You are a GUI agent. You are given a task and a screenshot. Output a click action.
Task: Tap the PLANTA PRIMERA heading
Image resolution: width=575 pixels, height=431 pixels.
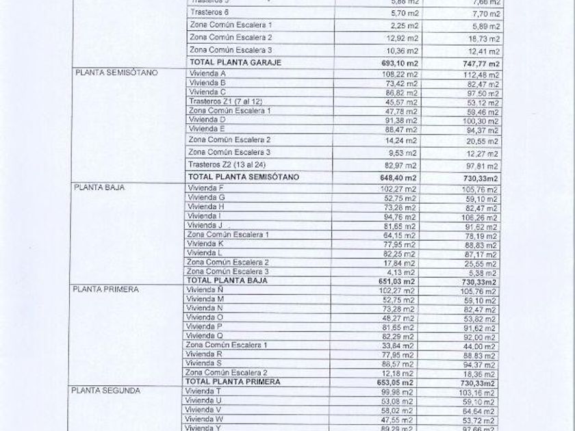point(106,289)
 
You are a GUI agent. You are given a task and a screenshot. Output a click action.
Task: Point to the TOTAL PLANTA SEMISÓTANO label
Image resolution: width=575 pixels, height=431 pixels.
point(243,177)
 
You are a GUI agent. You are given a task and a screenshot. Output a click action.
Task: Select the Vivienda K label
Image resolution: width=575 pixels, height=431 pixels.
point(206,243)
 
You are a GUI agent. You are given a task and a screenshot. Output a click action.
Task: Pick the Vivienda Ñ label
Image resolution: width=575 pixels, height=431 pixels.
point(205,289)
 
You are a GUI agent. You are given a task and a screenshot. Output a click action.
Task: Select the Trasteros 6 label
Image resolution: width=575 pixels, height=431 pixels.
point(209,12)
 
